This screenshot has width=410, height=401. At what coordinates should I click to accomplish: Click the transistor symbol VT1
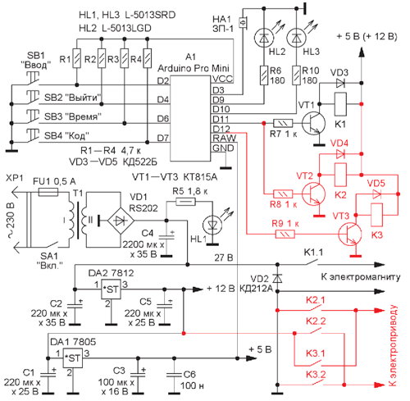coord(314,123)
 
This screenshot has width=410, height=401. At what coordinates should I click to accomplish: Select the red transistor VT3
coord(349,235)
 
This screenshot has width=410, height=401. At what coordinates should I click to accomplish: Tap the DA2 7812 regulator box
coord(111,289)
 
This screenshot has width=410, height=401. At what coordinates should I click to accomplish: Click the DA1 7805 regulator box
coord(73,358)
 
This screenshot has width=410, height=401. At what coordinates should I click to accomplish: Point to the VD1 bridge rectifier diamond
coord(121,221)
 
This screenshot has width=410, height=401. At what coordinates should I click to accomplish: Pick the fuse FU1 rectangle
coord(48,192)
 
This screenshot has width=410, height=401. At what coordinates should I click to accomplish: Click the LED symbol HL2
coord(264,38)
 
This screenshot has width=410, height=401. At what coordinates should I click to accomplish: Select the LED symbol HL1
coord(212,225)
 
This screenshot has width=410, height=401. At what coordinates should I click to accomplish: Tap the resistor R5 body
coord(185,202)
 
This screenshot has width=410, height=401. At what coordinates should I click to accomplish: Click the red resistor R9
coord(285,235)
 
